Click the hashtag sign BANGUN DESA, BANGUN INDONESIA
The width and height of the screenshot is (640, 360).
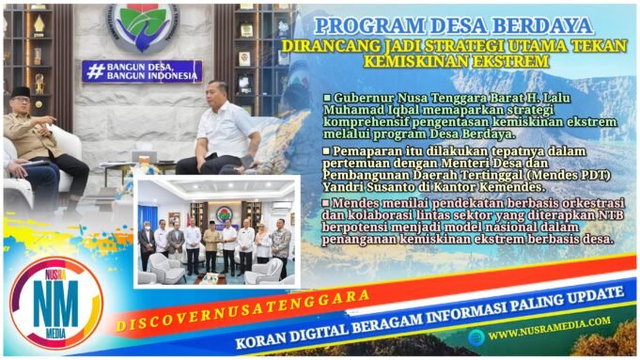(x=142, y=70)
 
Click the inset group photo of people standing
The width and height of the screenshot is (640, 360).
(x=215, y=229)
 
